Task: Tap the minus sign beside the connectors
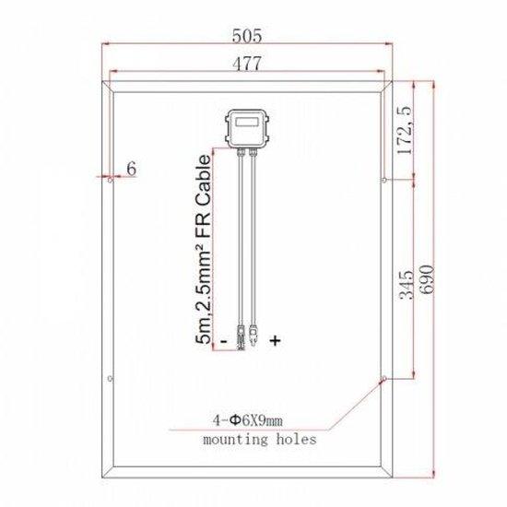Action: (x=223, y=341)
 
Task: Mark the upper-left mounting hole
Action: (x=111, y=182)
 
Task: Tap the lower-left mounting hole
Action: (x=111, y=376)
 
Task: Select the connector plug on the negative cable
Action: (x=239, y=337)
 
